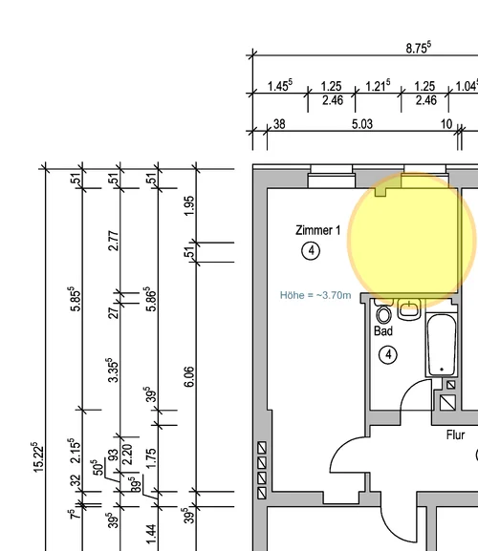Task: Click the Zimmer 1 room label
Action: click(318, 230)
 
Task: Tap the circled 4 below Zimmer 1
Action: click(311, 251)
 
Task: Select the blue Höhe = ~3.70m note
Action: click(315, 295)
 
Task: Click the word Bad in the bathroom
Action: click(383, 331)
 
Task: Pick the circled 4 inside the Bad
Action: click(388, 355)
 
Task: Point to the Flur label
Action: click(455, 435)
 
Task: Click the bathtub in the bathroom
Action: click(442, 345)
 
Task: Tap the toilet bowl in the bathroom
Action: click(383, 314)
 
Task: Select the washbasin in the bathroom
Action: click(409, 309)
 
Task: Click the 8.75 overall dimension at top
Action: click(419, 48)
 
